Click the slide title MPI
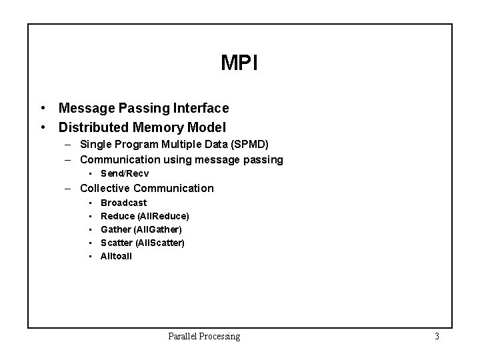[239, 63]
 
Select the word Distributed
[90, 127]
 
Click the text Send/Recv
[125, 173]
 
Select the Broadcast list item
[123, 203]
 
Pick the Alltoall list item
[116, 256]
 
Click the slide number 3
[437, 337]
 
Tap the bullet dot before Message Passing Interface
[43, 107]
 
